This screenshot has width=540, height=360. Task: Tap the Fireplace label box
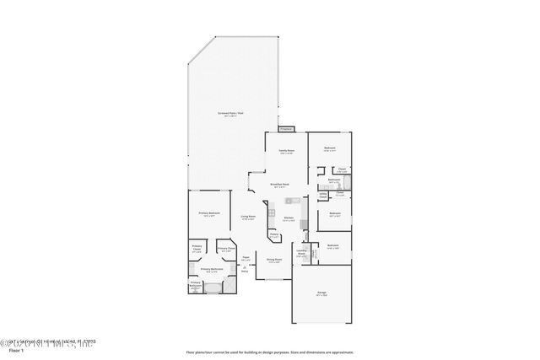coord(285,129)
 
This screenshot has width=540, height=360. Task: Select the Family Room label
coord(286,151)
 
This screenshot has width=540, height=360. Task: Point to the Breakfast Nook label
coord(280,185)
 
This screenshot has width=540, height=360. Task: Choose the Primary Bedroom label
coord(209,213)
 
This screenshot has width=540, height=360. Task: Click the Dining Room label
coord(273,260)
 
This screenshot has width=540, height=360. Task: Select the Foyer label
coord(246,256)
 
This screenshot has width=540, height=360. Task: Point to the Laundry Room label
coord(300,252)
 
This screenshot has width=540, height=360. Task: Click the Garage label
coord(321,293)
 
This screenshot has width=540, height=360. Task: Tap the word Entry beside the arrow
coord(245,271)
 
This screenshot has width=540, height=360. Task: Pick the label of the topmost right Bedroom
coord(330,148)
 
